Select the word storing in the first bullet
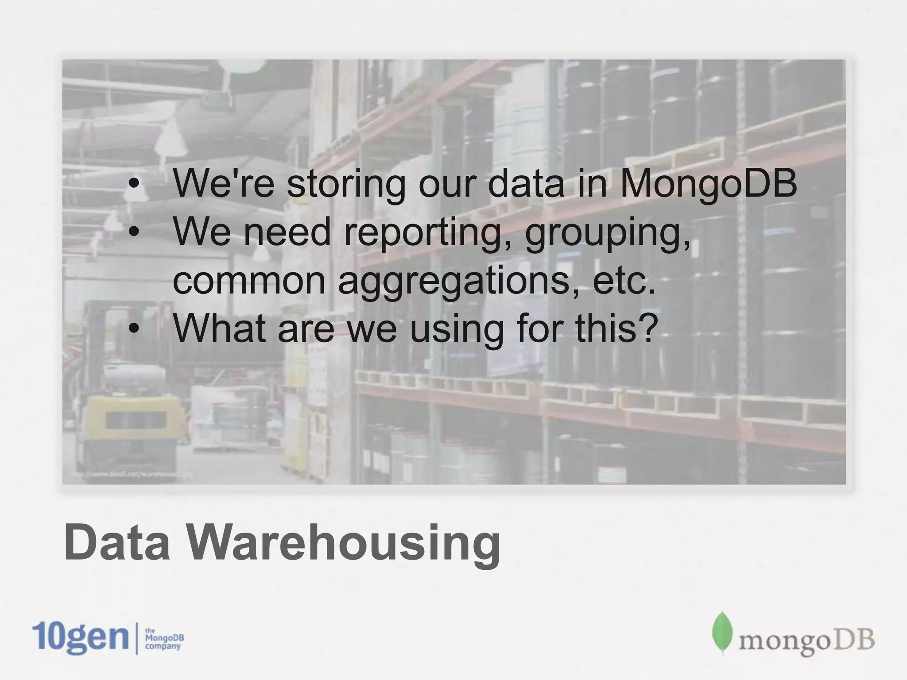346,184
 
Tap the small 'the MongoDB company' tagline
164,638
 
